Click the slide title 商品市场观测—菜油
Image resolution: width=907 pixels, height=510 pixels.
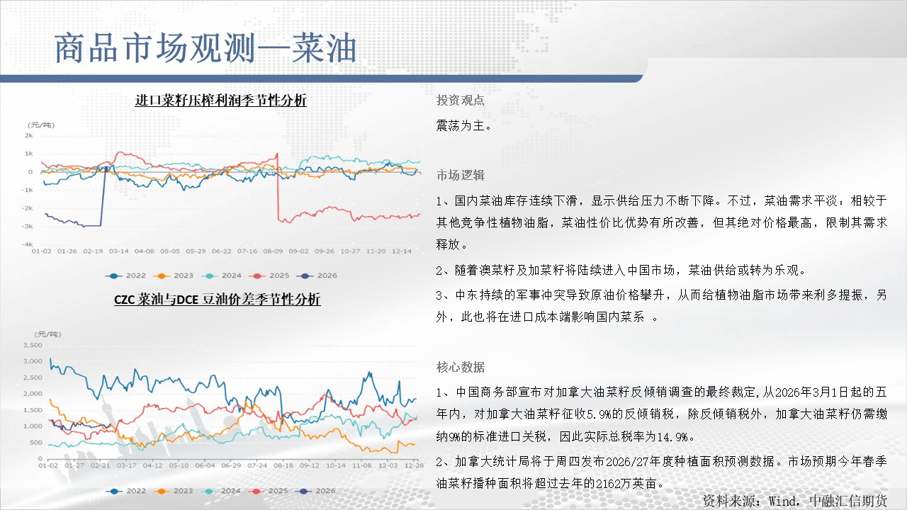[x=205, y=48]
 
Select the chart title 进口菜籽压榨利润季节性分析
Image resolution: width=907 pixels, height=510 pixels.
[x=220, y=100]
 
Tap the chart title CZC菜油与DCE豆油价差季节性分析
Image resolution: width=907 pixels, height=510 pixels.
[x=218, y=300]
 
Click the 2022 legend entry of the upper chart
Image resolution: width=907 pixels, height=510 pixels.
[x=125, y=276]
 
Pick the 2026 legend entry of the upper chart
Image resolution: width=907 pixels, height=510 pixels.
[x=317, y=276]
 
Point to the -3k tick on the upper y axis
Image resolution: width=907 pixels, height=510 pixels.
[x=28, y=226]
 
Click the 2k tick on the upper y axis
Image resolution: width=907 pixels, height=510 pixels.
[x=29, y=135]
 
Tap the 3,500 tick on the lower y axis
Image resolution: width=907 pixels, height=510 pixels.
[x=33, y=345]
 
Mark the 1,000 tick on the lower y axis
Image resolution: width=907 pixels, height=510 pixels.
[x=33, y=426]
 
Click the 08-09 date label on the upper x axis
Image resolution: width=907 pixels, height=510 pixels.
[x=273, y=251]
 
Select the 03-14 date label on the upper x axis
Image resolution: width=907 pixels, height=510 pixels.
[x=118, y=251]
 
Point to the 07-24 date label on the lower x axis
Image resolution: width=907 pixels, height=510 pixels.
[x=257, y=465]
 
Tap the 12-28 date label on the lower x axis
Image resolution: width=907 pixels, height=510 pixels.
[x=414, y=465]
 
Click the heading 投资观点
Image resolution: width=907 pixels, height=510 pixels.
[x=461, y=100]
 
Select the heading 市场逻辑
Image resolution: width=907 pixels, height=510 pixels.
[x=461, y=175]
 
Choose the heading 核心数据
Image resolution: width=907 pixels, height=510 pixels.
[x=461, y=367]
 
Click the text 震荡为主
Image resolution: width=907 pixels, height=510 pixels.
[x=461, y=126]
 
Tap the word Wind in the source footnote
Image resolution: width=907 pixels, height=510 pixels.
[x=782, y=501]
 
